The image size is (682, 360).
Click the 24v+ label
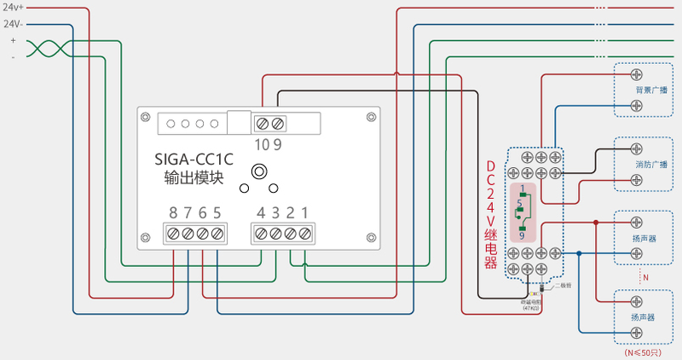[13, 7]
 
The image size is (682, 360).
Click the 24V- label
[13, 24]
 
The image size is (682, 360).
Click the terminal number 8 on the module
[173, 212]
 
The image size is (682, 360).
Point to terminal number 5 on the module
[217, 212]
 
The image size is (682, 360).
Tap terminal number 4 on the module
[262, 212]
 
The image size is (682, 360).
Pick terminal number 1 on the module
[304, 212]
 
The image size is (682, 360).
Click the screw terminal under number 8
[173, 233]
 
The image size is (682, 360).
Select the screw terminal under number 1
[304, 233]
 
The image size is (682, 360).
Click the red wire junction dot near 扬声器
[596, 222]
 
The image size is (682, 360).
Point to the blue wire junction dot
[579, 253]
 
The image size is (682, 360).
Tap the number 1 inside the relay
[521, 188]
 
